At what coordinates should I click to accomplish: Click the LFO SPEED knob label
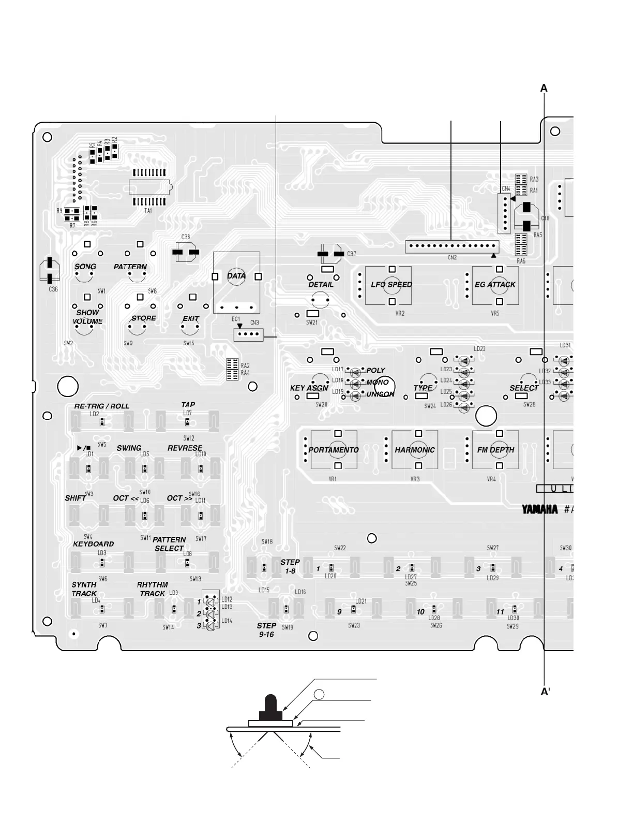391,285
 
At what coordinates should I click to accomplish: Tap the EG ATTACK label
495,285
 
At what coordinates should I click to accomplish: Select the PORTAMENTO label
334,450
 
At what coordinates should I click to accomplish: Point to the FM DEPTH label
495,450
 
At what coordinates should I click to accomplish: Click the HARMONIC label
415,450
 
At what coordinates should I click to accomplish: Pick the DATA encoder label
236,276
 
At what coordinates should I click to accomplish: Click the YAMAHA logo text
540,509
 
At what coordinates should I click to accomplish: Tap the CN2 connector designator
452,257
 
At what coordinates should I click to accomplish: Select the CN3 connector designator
254,323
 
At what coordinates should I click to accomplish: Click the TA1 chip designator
148,211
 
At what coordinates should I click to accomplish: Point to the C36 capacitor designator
53,289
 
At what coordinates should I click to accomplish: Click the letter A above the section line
544,89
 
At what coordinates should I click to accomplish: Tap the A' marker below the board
545,692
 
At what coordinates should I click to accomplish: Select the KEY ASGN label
309,388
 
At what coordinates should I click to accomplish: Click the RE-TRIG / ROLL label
102,406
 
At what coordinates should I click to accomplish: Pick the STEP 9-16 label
266,630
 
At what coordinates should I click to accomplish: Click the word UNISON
380,394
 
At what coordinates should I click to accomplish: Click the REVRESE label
185,448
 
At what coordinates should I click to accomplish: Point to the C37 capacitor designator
352,254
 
